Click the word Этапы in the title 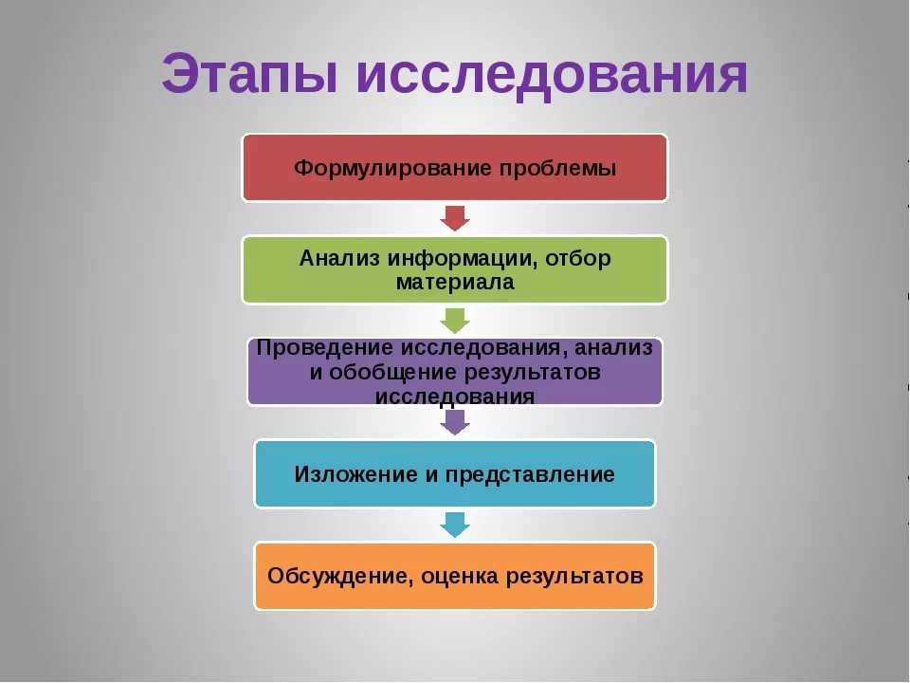point(249,74)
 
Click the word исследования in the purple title point(552,76)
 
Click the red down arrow point(455,218)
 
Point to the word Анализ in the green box point(339,258)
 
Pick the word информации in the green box point(462,258)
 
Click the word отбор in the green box point(578,258)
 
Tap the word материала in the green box point(455,283)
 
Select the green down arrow point(455,321)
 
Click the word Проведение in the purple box point(325,347)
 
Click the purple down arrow point(455,422)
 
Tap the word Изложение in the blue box point(356,474)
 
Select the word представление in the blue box point(530,475)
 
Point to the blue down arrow point(455,525)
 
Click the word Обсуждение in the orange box point(340,576)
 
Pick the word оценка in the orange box point(460,577)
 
